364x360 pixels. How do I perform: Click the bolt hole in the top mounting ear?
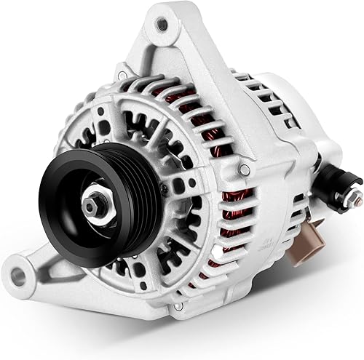pyautogui.click(x=162, y=28)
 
